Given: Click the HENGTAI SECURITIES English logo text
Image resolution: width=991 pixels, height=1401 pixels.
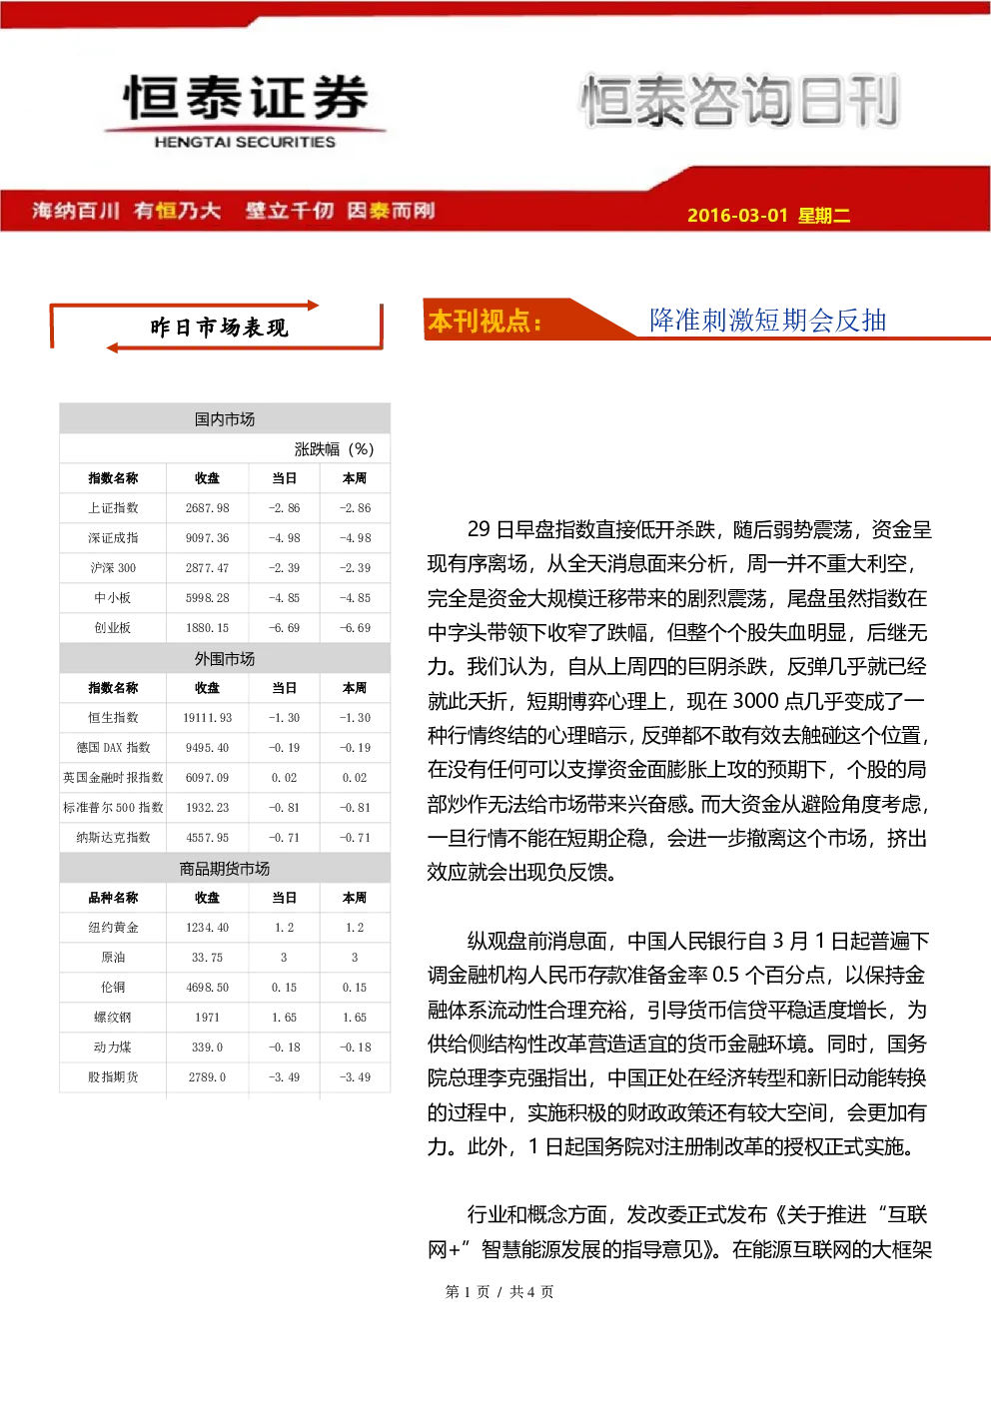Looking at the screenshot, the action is coord(245,142).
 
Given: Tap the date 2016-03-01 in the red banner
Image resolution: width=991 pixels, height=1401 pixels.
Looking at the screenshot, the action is coord(737,215).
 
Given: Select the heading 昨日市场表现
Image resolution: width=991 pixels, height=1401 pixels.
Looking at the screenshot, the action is coord(219,328).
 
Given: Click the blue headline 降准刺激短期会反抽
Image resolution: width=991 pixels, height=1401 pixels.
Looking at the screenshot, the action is coord(767,321).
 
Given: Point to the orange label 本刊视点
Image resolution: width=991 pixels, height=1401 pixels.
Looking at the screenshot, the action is coord(485,322).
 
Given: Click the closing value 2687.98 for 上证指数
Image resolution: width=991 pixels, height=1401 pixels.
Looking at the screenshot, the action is coord(207,508).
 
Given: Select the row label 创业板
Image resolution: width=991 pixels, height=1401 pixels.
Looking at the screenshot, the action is coord(113,627).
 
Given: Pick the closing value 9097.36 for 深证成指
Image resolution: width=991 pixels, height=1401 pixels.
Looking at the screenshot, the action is coord(207,538).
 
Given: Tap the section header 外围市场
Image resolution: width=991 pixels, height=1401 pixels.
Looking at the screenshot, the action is coord(225,659).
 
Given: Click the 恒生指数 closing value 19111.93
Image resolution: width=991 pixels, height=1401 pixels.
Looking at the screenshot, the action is coord(207,717).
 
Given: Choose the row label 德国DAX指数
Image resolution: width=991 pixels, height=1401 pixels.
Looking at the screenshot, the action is coord(113,747).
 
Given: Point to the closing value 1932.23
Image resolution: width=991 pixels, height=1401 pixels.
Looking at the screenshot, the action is coord(207,808).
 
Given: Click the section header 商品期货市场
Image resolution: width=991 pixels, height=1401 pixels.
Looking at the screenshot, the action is coord(225,869).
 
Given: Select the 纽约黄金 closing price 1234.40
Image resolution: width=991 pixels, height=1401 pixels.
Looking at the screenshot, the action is coord(207,928).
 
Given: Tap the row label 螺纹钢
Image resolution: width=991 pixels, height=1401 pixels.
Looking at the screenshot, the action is coord(113,1017).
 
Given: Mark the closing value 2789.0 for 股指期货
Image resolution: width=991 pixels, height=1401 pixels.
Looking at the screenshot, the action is coord(207,1077).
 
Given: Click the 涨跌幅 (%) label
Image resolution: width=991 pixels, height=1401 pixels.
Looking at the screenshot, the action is coord(334,449).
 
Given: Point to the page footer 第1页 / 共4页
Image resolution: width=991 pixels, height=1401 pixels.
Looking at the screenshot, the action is coord(499,1291).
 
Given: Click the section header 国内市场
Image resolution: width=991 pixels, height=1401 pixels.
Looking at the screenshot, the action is coord(225,419).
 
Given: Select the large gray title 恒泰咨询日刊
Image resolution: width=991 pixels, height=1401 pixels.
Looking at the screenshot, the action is coord(739,101).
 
